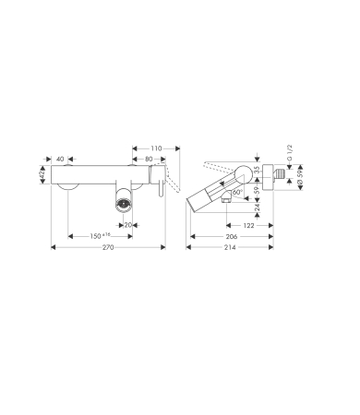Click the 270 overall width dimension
(x=108, y=247)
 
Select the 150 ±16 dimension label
(x=100, y=236)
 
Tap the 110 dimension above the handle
(x=156, y=148)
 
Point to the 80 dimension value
(x=149, y=159)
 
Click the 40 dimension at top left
(x=60, y=159)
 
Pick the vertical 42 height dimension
(x=42, y=174)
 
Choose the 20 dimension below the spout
(x=127, y=225)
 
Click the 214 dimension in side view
(x=230, y=247)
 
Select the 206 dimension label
(x=232, y=236)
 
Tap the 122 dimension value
(x=248, y=225)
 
